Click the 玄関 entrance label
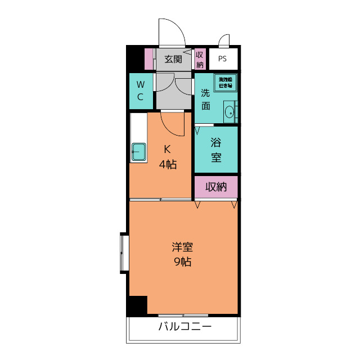[174, 59]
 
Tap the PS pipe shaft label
[223, 58]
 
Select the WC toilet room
[141, 91]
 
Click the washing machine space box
[225, 83]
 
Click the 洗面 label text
[206, 99]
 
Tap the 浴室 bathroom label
[216, 150]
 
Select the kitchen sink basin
[139, 151]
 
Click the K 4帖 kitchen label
[167, 157]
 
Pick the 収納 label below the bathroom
[216, 187]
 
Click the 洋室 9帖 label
[182, 254]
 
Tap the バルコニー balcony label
[184, 327]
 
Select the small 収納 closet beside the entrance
[200, 59]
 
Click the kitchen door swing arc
[173, 124]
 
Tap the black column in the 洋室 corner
[137, 305]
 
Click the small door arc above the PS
[224, 40]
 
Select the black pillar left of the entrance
[135, 58]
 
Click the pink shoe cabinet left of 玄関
[149, 59]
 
